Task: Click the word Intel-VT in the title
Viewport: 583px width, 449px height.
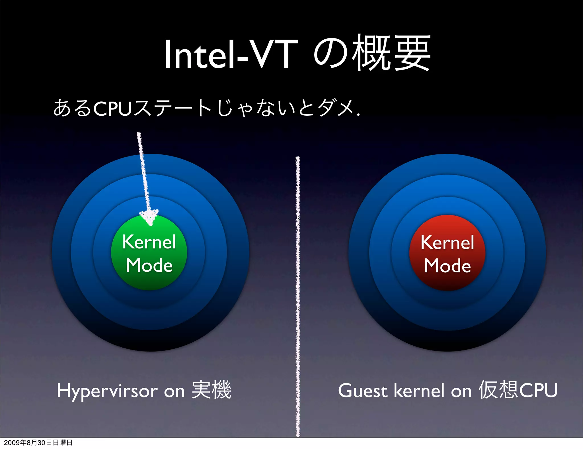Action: (x=231, y=54)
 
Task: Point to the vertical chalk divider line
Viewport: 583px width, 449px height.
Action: (x=298, y=296)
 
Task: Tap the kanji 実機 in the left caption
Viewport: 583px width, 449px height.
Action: (x=212, y=390)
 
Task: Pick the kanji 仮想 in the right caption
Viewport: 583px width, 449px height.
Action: (x=498, y=390)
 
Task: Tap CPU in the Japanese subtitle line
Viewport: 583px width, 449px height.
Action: (x=112, y=109)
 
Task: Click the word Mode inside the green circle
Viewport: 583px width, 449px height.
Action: (x=149, y=265)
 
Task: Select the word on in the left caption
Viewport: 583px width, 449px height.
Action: (x=174, y=391)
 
